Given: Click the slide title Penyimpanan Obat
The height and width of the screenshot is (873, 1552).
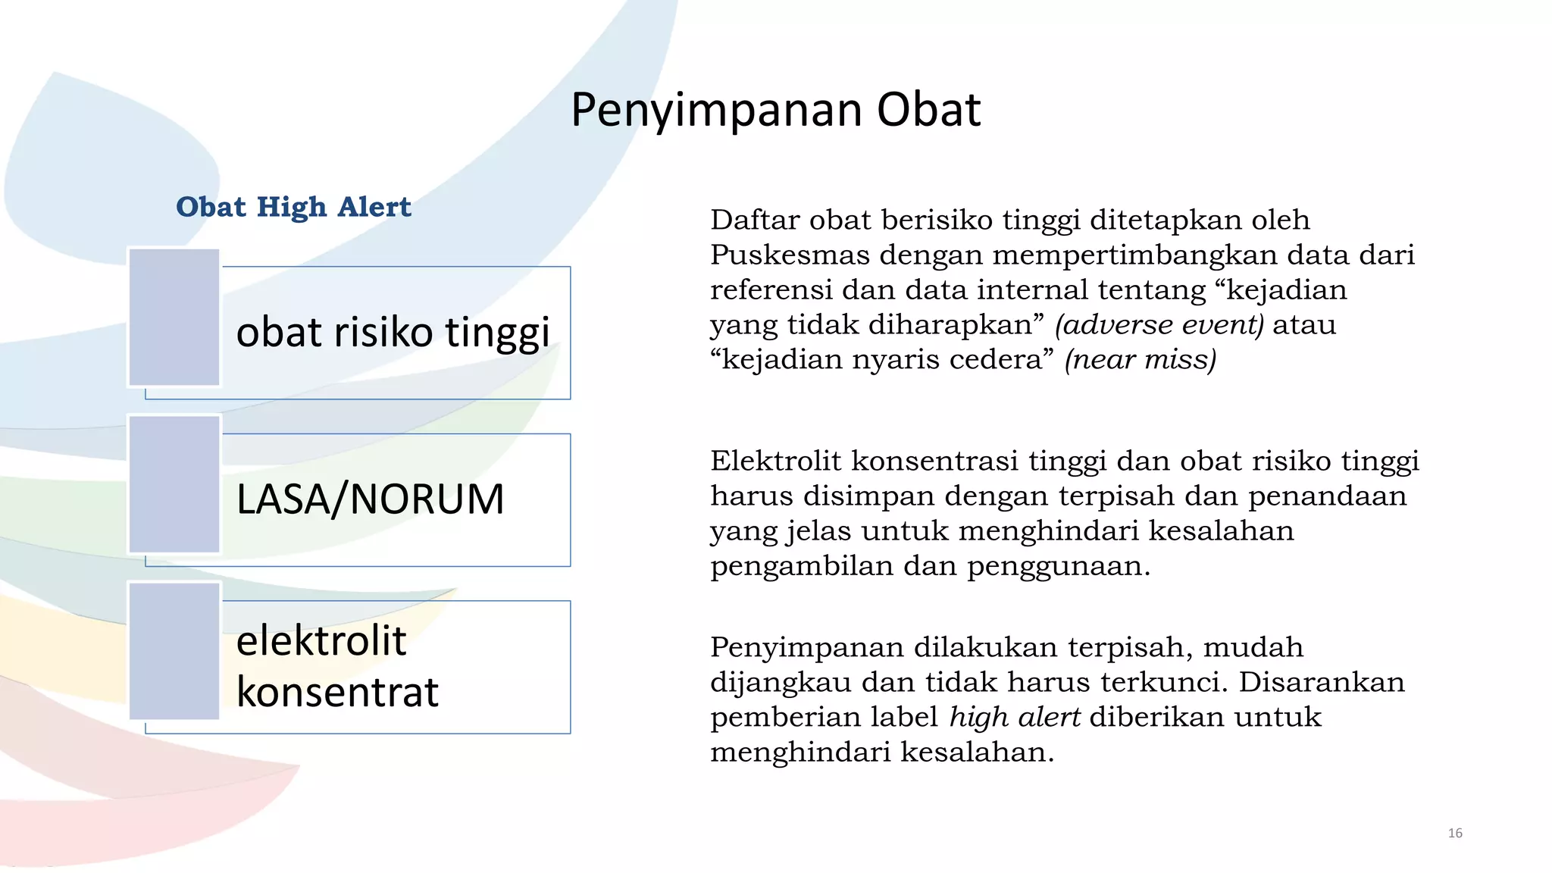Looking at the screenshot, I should point(775,110).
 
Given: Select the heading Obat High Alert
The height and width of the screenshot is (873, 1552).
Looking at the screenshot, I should point(293,207).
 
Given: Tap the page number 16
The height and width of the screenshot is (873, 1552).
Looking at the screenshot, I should point(1454,834).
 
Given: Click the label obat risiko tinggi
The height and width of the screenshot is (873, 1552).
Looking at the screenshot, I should point(393,332).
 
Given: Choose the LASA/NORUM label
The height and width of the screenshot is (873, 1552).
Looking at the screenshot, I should point(370,499).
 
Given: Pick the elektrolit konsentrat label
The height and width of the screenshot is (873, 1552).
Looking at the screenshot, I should point(337,666).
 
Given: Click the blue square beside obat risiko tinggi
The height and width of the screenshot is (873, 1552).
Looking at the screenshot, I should point(174,318).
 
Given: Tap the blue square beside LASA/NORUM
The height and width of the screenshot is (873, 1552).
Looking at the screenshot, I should point(174,484).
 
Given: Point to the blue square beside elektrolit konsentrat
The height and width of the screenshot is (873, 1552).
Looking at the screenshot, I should point(174,651).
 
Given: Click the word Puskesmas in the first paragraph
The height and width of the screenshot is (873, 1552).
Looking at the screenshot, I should point(790,255).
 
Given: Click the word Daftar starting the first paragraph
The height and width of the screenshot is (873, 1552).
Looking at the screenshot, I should point(755,221).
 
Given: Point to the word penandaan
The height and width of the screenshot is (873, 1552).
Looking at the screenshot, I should point(1327,496).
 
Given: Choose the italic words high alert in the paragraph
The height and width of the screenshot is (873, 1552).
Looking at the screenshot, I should point(1015,718).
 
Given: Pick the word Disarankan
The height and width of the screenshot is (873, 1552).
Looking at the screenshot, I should point(1322,683).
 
